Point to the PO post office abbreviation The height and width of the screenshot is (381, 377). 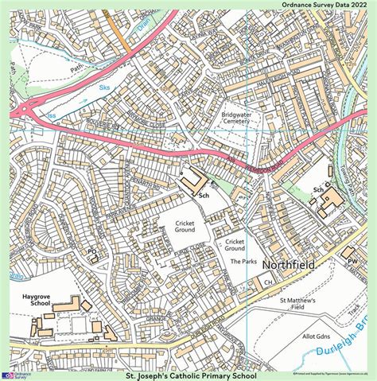91,251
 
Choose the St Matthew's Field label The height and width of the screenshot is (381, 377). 297,305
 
